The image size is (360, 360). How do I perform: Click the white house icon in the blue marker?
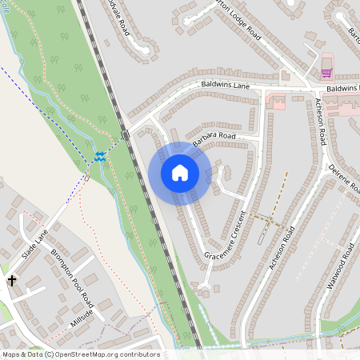coord(179,172)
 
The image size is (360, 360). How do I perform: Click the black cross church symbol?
coord(12,281)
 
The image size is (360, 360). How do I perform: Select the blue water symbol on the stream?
coord(100,156)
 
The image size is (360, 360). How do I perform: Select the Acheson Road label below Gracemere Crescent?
coord(282,247)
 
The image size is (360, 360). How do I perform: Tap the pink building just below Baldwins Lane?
coord(277,101)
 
